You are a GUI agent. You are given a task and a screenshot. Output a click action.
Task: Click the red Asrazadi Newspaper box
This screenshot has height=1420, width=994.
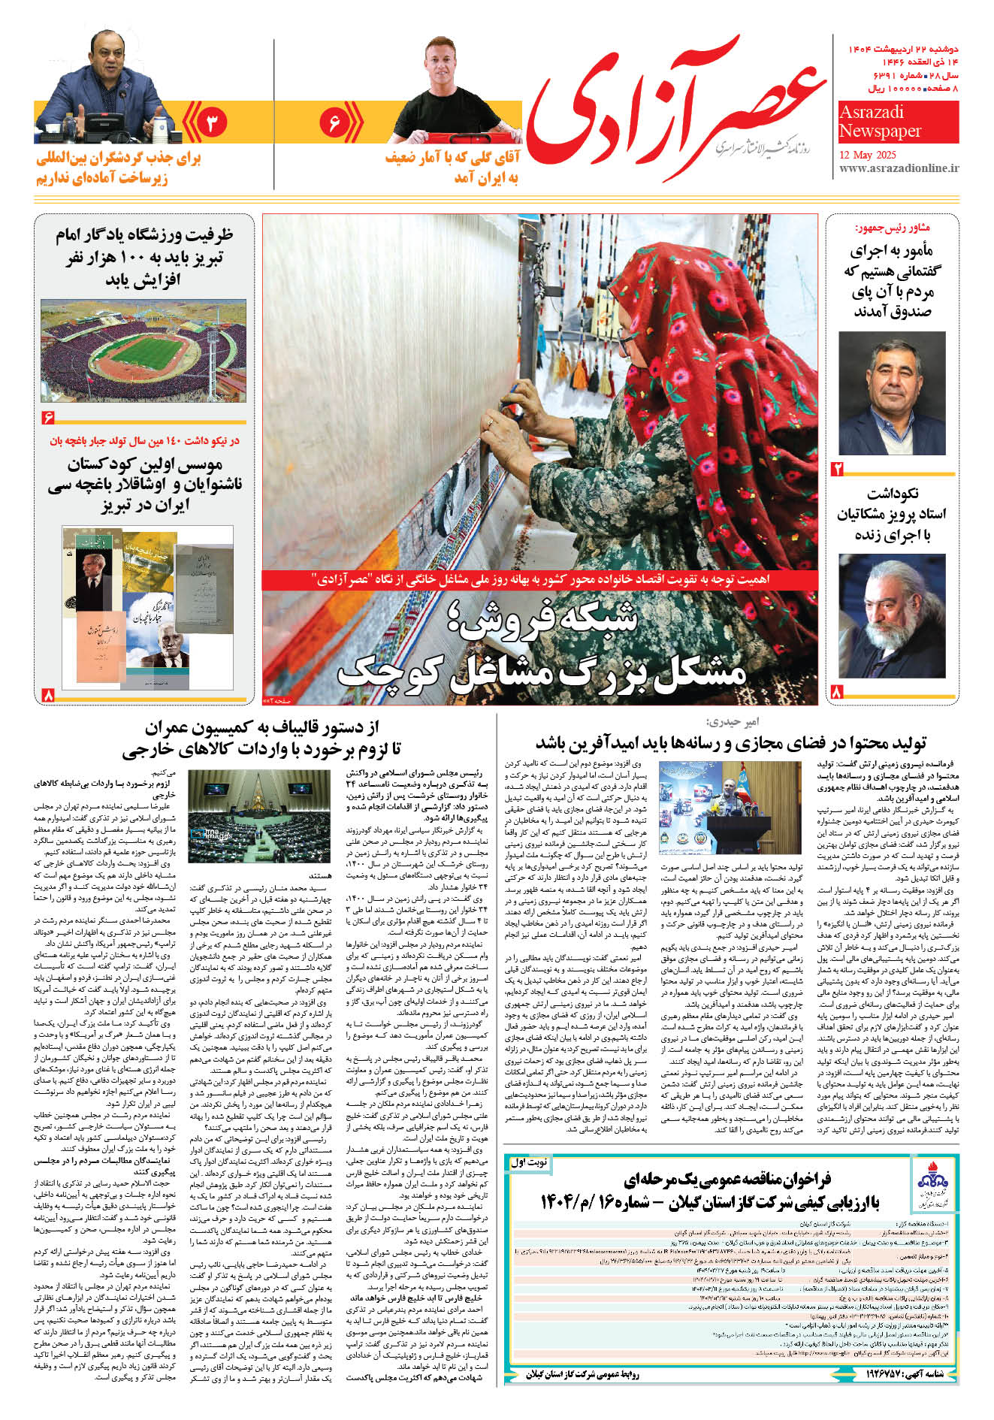[x=899, y=122]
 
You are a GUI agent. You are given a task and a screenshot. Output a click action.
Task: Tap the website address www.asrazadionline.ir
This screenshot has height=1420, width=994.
[x=899, y=170]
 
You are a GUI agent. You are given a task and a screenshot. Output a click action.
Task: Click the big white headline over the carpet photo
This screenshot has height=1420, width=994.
[x=541, y=646]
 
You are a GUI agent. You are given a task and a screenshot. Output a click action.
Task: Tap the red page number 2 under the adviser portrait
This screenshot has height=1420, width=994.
[x=837, y=470]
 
